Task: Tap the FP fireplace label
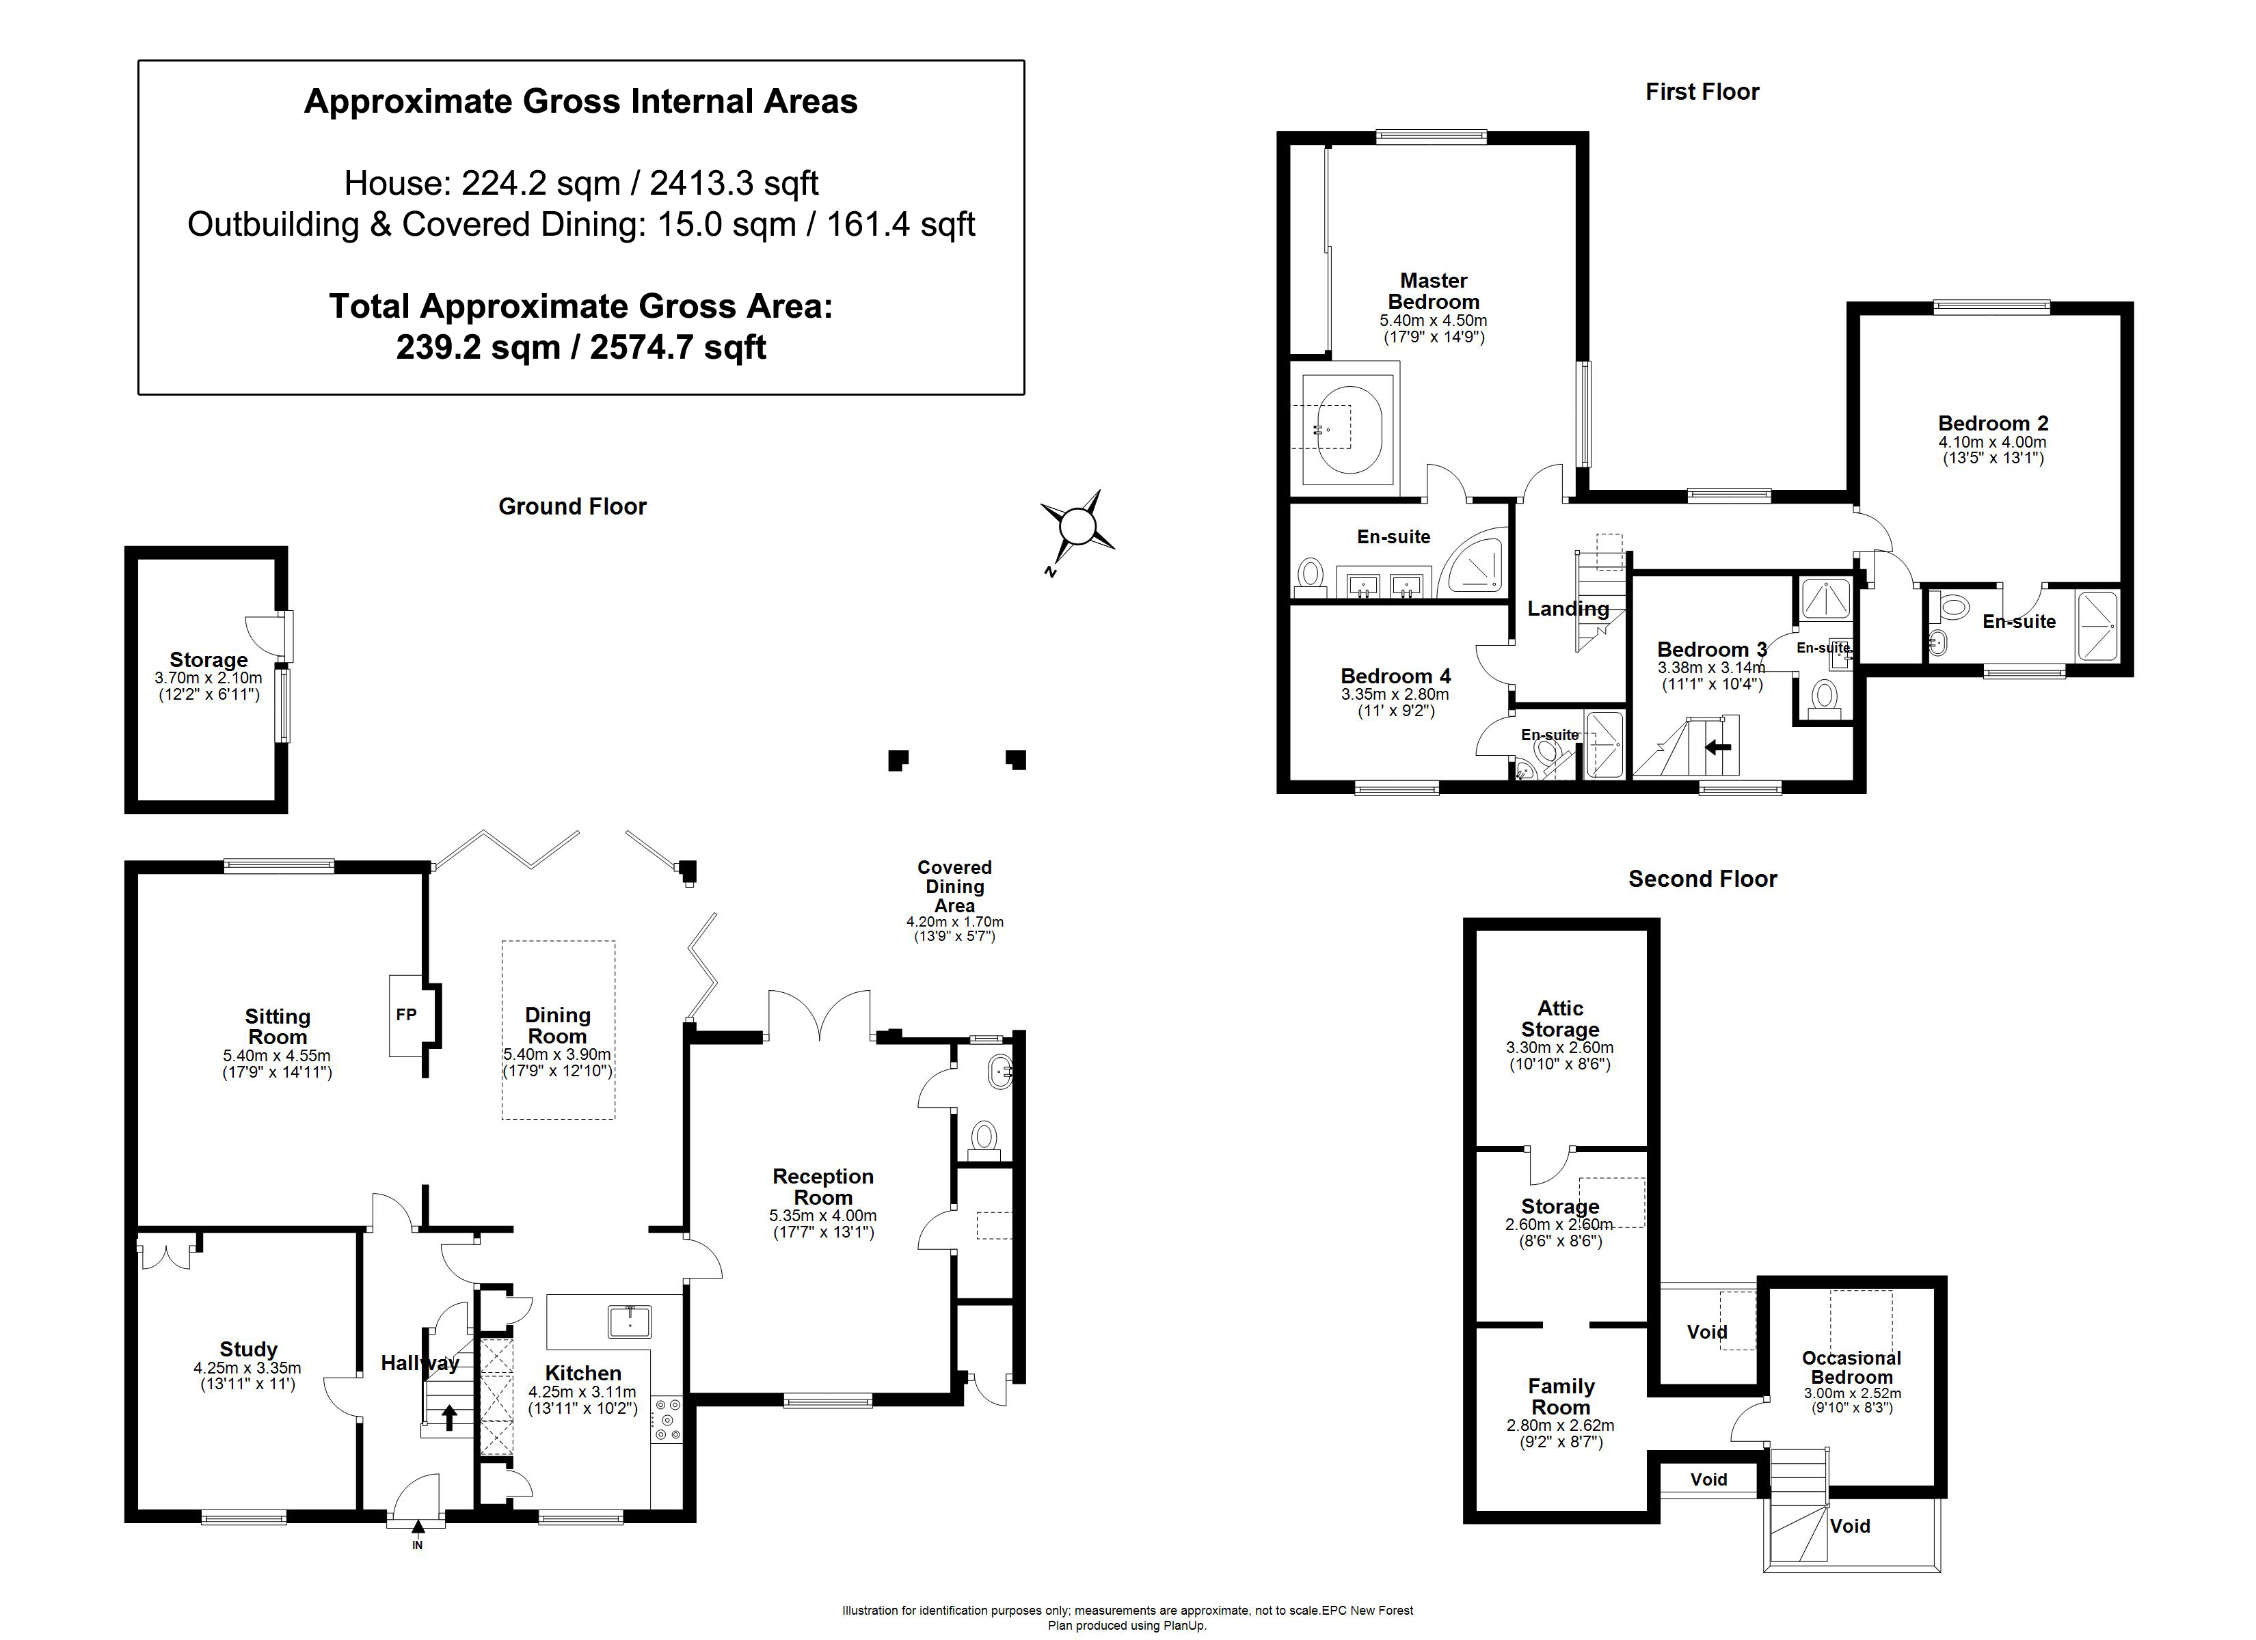click(406, 1015)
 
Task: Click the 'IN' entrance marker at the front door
click(418, 1544)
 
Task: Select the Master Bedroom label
click(1434, 291)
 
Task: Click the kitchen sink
click(630, 1322)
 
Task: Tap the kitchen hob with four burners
click(667, 1420)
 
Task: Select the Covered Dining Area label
click(955, 886)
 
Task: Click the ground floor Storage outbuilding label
click(209, 659)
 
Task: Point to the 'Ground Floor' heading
click(572, 506)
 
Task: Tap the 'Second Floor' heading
click(1702, 878)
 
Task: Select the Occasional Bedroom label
click(1851, 1367)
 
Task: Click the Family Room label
click(1561, 1396)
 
